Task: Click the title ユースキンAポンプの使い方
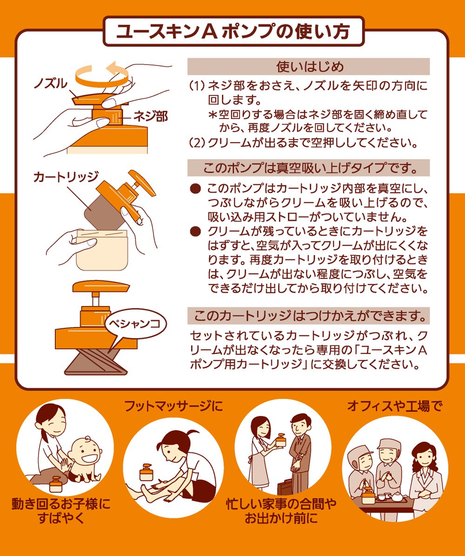coord(233,32)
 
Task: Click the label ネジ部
coord(151,116)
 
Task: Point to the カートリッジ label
coord(66,176)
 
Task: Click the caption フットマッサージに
coord(173,406)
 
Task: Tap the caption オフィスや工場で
coord(395,406)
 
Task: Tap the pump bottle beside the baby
coord(56,484)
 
